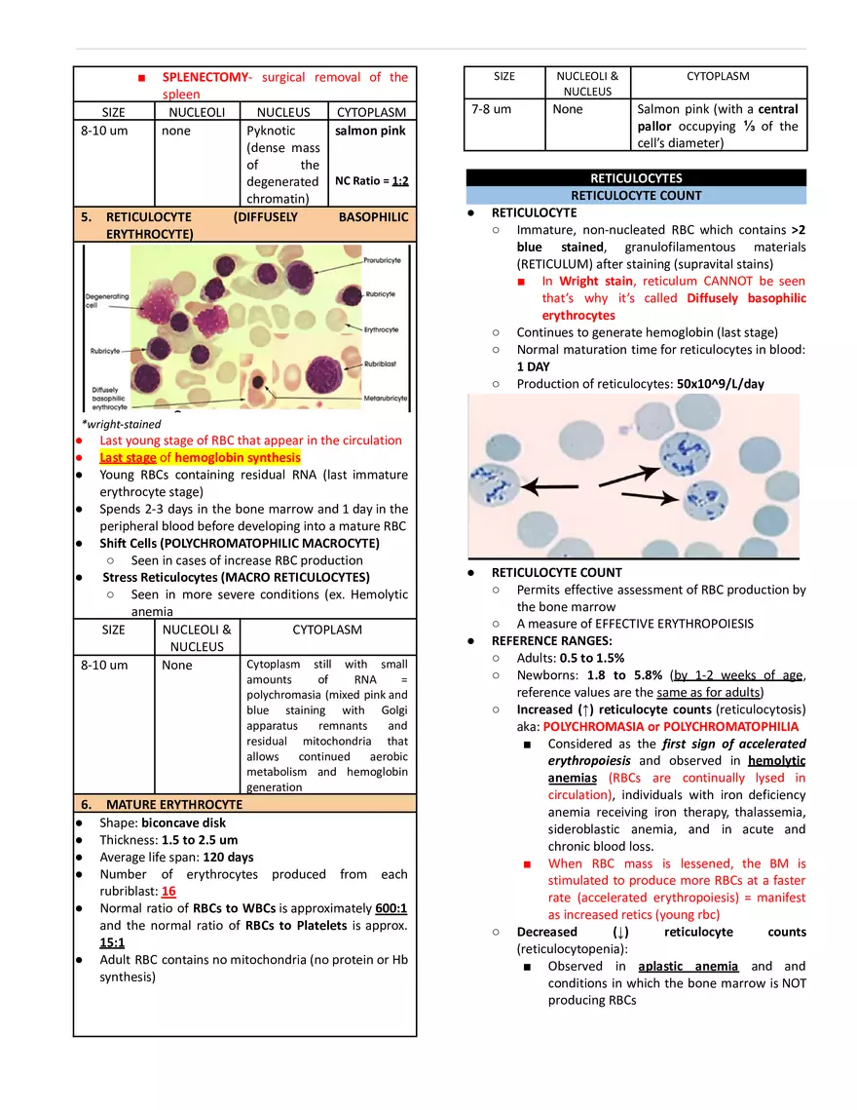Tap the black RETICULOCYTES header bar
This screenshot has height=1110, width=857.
pos(636,178)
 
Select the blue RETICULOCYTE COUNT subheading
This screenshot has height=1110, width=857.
pos(636,195)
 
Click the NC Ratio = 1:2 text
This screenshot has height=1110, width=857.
pos(372,181)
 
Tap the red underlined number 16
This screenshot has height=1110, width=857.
pos(168,891)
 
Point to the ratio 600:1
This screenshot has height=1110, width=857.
pos(389,908)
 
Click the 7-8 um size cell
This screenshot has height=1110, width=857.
pos(491,109)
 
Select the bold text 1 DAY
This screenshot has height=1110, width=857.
pos(533,366)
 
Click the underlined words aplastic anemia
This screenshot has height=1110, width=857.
pos(688,966)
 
